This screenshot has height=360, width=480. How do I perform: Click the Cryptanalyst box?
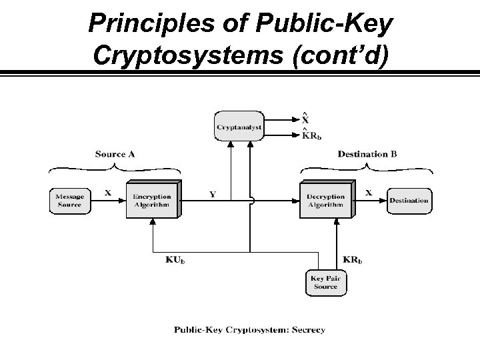point(239,126)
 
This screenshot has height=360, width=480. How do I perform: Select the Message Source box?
point(69,200)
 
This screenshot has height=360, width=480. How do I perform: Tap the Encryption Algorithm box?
point(151,200)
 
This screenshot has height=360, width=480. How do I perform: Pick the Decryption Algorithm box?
point(325,200)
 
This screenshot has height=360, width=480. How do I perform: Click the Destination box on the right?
point(409,201)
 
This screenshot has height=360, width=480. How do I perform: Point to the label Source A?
point(115,154)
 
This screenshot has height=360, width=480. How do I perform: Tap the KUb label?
point(175,259)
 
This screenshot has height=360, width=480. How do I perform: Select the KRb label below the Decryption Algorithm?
point(353,259)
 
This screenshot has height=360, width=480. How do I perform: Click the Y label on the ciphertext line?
point(213,195)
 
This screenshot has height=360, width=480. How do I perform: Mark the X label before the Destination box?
point(369,192)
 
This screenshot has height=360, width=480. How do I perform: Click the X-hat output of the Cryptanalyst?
point(305,120)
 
